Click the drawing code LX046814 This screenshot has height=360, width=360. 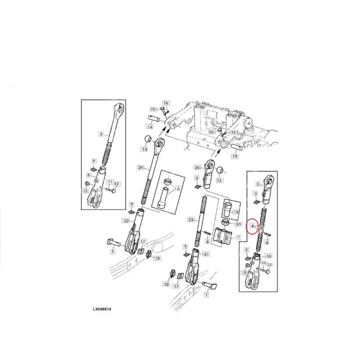[x=102, y=309]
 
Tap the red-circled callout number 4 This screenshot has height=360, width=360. [x=252, y=226]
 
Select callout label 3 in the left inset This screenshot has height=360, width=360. [x=101, y=134]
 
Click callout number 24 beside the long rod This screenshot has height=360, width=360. [x=140, y=167]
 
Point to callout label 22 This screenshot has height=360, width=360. [x=126, y=221]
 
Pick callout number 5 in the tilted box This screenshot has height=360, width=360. [x=178, y=189]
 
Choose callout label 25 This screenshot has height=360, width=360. [x=198, y=167]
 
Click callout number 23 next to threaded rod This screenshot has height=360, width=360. [x=191, y=220]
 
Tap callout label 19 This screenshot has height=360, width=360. [x=235, y=212]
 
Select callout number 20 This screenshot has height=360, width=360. [x=238, y=224]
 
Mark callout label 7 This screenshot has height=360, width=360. [x=238, y=237]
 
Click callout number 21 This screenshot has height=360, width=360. [x=207, y=254]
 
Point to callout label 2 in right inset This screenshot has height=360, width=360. [x=258, y=184]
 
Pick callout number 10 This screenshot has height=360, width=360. [x=268, y=256]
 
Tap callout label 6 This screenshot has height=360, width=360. [x=89, y=175]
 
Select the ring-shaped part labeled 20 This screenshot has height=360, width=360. [x=226, y=223]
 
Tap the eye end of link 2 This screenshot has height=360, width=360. [x=270, y=181]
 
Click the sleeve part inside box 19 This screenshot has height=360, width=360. [x=228, y=208]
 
